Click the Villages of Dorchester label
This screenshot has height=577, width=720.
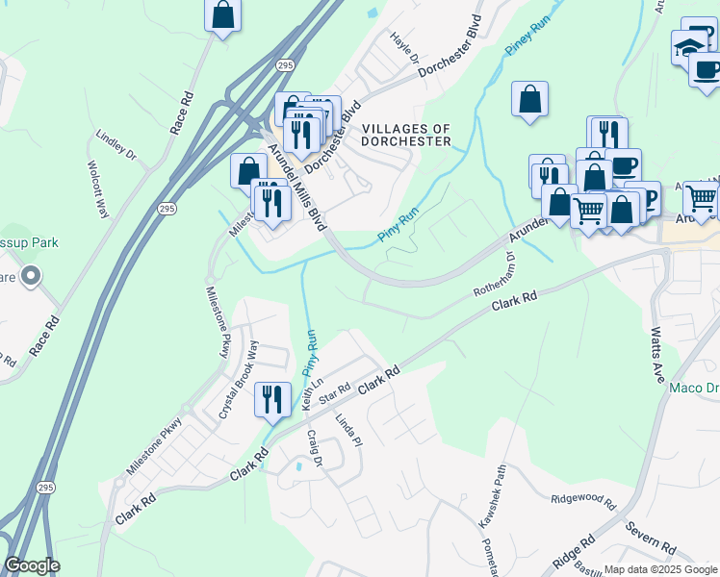(x=405, y=135)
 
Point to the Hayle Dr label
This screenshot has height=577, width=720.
(x=405, y=47)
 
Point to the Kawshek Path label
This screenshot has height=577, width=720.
(x=492, y=496)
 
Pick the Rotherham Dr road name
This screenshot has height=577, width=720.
(x=495, y=280)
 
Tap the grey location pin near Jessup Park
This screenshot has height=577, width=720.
(x=31, y=277)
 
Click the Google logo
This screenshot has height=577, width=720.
(x=32, y=565)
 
